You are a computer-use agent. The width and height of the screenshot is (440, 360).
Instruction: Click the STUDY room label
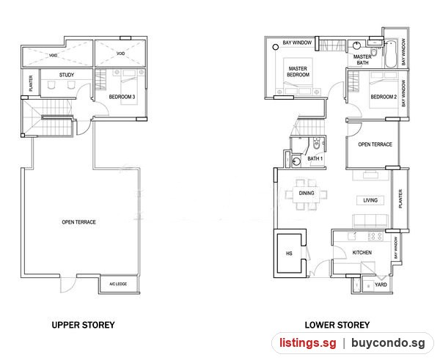pyautogui.click(x=67, y=75)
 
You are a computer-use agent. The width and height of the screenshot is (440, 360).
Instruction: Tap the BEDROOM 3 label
pyautogui.click(x=122, y=97)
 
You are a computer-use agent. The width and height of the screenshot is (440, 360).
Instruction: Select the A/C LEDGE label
pyautogui.click(x=118, y=284)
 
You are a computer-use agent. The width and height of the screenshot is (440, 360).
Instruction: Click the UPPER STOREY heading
pyautogui.click(x=83, y=325)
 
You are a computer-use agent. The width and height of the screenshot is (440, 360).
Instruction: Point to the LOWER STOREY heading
pyautogui.click(x=337, y=325)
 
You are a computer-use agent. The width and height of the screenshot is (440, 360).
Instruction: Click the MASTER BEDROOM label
pyautogui.click(x=298, y=72)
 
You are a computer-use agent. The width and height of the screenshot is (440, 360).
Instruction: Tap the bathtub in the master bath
pyautogui.click(x=391, y=54)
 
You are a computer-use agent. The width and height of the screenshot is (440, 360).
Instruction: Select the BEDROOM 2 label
pyautogui.click(x=384, y=97)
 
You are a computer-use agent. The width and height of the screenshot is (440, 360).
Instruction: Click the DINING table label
pyautogui.click(x=307, y=193)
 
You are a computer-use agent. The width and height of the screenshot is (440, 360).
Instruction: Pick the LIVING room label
pyautogui.click(x=370, y=200)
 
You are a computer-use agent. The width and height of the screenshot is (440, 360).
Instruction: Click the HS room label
pyautogui.click(x=290, y=254)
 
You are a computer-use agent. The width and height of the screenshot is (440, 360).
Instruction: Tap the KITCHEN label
pyautogui.click(x=362, y=252)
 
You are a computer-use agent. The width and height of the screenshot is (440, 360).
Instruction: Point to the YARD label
pyautogui.click(x=381, y=284)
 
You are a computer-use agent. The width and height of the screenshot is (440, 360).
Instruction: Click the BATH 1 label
pyautogui.click(x=315, y=158)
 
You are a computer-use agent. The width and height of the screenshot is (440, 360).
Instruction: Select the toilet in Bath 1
pyautogui.click(x=317, y=144)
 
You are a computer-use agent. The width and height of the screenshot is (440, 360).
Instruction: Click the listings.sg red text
pyautogui.click(x=307, y=343)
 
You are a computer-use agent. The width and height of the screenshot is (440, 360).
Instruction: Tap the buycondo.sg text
pyautogui.click(x=388, y=343)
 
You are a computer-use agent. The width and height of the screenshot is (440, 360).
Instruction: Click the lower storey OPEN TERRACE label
pyautogui.click(x=375, y=144)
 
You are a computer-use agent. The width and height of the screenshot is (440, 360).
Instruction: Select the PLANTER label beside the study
pyautogui.click(x=31, y=84)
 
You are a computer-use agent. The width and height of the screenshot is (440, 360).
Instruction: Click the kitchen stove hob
pyautogui.click(x=375, y=236)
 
